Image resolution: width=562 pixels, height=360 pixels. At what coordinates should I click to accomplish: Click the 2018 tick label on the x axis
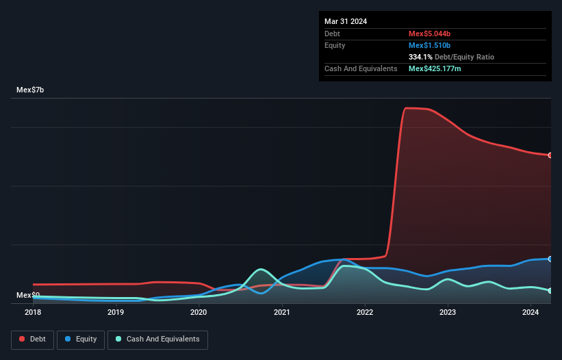coord(33,313)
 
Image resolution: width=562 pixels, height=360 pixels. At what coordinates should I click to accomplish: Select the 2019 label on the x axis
coord(116,313)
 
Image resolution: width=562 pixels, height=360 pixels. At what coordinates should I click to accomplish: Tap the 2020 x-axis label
coord(199,313)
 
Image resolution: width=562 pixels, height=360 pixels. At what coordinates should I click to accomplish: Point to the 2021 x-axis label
coord(281,313)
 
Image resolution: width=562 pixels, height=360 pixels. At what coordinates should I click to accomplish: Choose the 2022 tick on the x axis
coord(365,313)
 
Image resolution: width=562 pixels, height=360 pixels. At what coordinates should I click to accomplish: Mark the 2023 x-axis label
coord(448,313)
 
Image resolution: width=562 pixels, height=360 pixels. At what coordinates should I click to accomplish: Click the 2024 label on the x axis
coord(531,313)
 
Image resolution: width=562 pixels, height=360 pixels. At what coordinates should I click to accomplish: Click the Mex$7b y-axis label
coord(30,90)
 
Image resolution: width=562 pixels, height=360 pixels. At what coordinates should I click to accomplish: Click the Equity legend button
coord(81,339)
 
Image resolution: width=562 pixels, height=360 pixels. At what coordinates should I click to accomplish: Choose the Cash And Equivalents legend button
coord(157,339)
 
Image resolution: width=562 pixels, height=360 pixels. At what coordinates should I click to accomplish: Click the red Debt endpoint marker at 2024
coord(550,155)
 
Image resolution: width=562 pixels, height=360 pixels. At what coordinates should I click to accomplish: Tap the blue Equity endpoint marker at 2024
coord(550,259)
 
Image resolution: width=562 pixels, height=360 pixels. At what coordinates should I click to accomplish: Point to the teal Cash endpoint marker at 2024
coord(550,291)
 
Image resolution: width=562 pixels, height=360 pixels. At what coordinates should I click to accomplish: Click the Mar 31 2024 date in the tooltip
coord(346,21)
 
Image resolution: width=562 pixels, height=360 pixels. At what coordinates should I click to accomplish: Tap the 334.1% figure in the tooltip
coord(420,57)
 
